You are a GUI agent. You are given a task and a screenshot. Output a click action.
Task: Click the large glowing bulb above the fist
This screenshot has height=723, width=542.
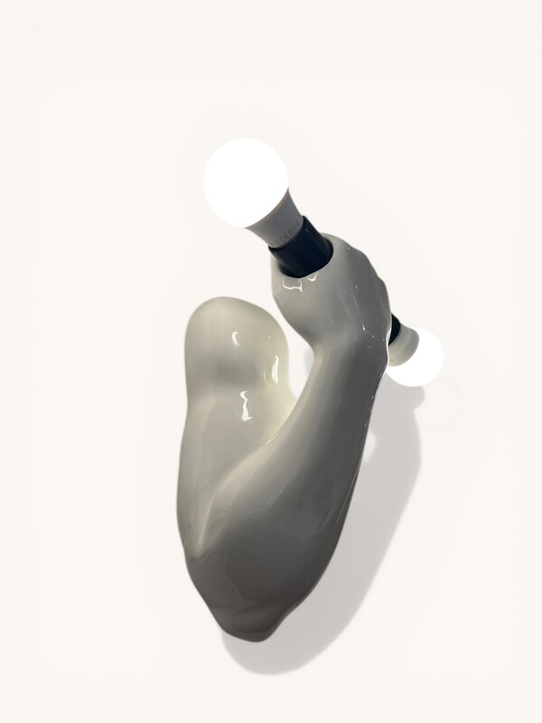point(246,182)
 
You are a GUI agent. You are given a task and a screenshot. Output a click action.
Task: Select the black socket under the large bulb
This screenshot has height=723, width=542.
point(300,247)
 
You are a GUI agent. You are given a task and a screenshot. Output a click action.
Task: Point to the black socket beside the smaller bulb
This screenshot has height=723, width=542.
point(394,328)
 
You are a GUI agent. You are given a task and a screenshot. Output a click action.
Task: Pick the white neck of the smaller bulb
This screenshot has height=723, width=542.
point(404,340)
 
